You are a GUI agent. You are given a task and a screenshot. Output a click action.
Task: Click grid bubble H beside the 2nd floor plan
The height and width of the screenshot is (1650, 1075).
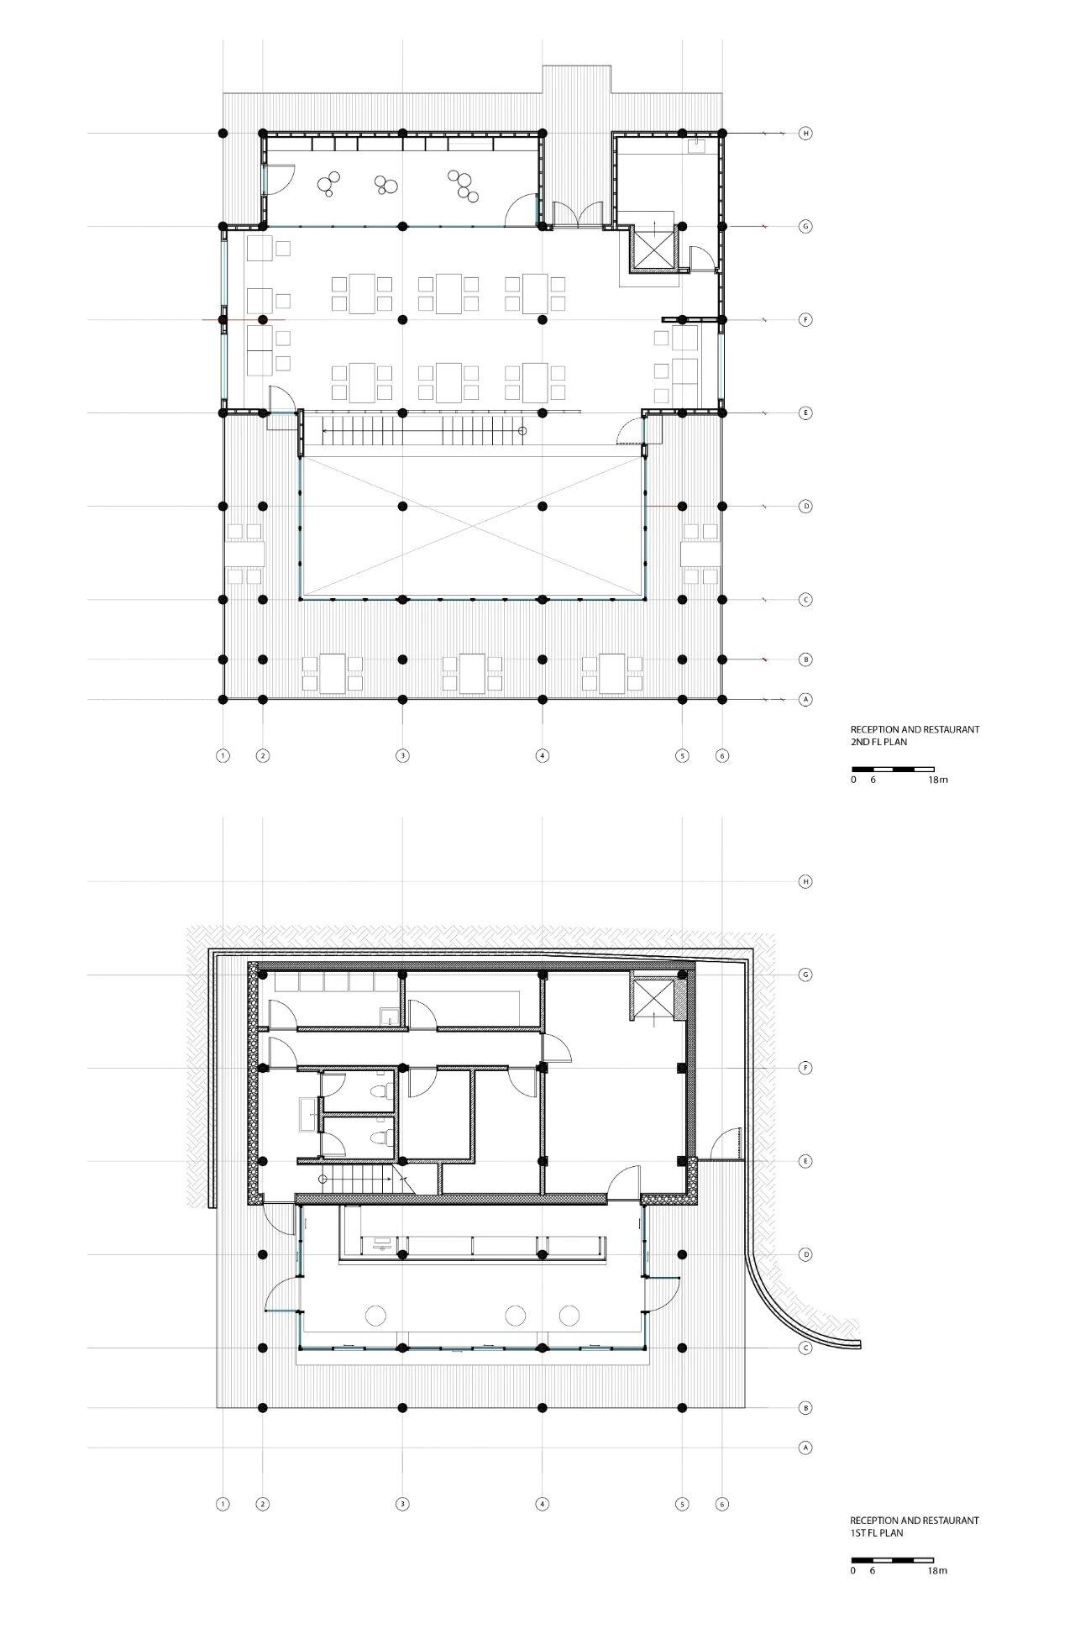(805, 133)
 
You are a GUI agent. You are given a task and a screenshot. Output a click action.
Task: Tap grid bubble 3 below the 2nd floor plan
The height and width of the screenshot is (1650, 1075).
(402, 755)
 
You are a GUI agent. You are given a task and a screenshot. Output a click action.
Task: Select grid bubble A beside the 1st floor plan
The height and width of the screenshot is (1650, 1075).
(805, 1448)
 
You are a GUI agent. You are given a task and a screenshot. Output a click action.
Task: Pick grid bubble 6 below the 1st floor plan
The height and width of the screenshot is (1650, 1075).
(722, 1504)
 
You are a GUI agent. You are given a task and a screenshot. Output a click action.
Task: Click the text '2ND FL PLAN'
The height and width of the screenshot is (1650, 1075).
(879, 743)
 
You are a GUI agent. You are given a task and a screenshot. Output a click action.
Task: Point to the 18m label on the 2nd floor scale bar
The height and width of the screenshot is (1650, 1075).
(937, 780)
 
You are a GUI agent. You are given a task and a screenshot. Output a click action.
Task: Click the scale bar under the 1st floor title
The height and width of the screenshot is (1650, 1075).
(892, 1559)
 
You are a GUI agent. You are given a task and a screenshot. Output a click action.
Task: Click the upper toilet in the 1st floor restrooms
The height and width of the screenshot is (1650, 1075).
(380, 1091)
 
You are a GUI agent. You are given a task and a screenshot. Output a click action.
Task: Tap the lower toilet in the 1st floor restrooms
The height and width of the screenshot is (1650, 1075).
(380, 1138)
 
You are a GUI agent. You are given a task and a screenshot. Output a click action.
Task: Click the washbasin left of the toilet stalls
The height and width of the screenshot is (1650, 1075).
(307, 1115)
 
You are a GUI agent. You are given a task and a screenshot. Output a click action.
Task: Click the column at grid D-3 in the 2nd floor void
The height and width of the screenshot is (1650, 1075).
(402, 506)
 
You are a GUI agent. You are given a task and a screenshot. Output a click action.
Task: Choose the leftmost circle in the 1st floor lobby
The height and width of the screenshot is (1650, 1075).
(375, 1315)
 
